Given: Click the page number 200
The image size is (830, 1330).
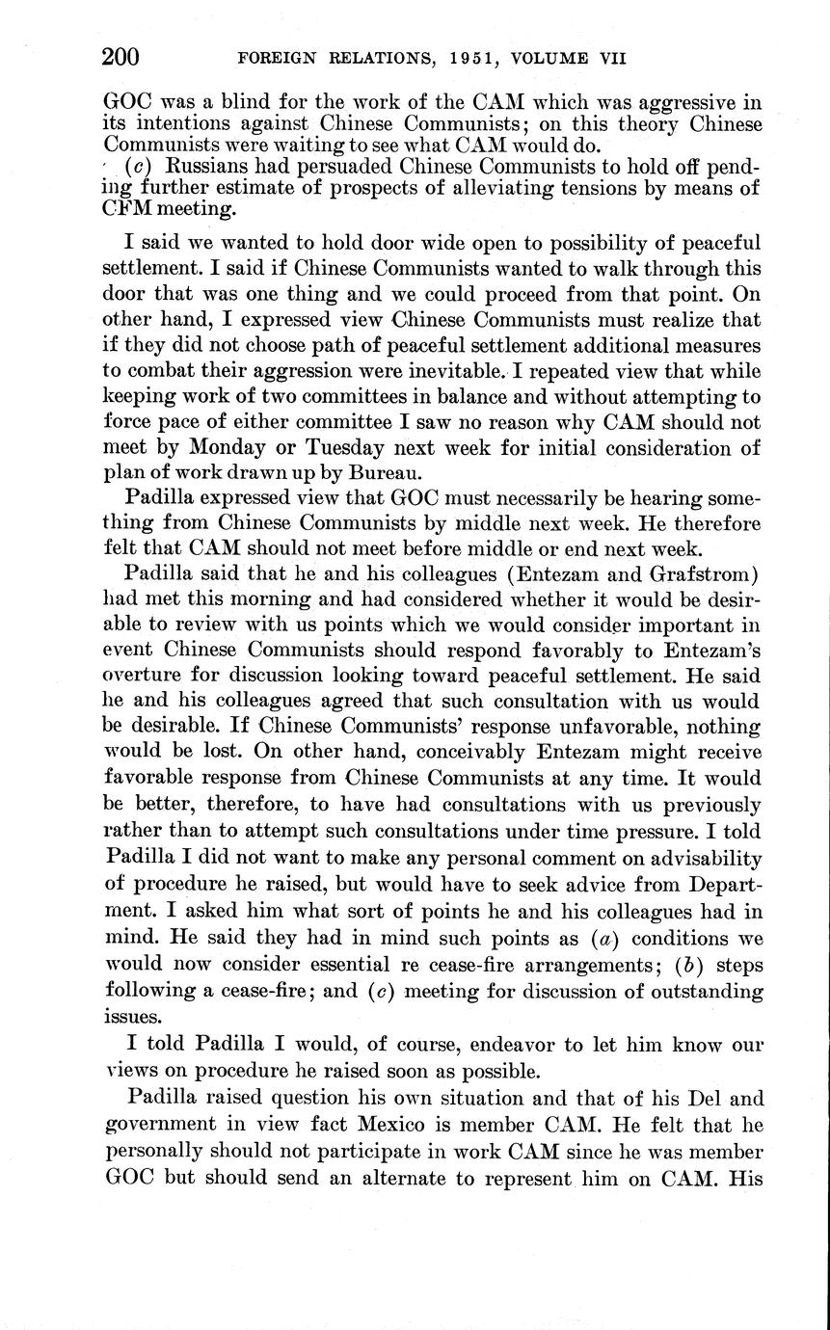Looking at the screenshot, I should (x=120, y=57).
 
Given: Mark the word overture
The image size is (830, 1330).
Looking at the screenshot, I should (x=144, y=675).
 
